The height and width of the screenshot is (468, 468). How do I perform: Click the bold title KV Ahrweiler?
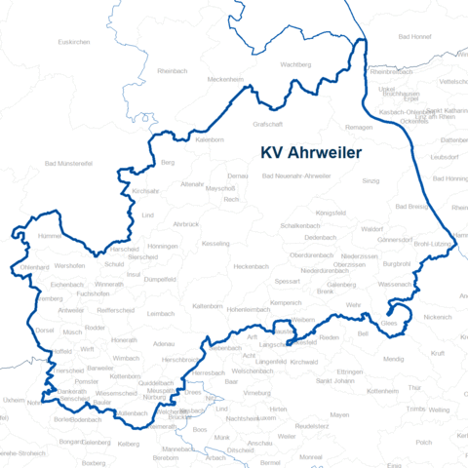coord(311,153)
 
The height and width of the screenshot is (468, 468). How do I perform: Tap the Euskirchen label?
coord(74,42)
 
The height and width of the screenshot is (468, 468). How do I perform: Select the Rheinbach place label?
coord(172,70)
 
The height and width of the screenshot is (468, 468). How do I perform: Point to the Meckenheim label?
coord(224,79)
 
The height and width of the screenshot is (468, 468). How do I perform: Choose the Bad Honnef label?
coord(414,37)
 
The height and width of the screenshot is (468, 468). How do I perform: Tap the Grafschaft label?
coord(267,125)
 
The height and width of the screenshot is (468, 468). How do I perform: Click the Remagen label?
coord(359,128)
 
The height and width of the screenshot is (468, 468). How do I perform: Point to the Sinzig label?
coord(370,181)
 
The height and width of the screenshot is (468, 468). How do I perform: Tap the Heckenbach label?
coord(251,266)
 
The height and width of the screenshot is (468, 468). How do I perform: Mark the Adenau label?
coord(164,343)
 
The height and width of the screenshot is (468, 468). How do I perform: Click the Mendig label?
coord(393,359)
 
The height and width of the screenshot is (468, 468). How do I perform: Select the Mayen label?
coord(339,414)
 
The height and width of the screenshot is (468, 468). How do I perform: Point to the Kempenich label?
coord(287,303)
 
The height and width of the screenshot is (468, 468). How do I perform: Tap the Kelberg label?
coord(129,443)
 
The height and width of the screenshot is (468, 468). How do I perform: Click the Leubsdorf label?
coord(444,156)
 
